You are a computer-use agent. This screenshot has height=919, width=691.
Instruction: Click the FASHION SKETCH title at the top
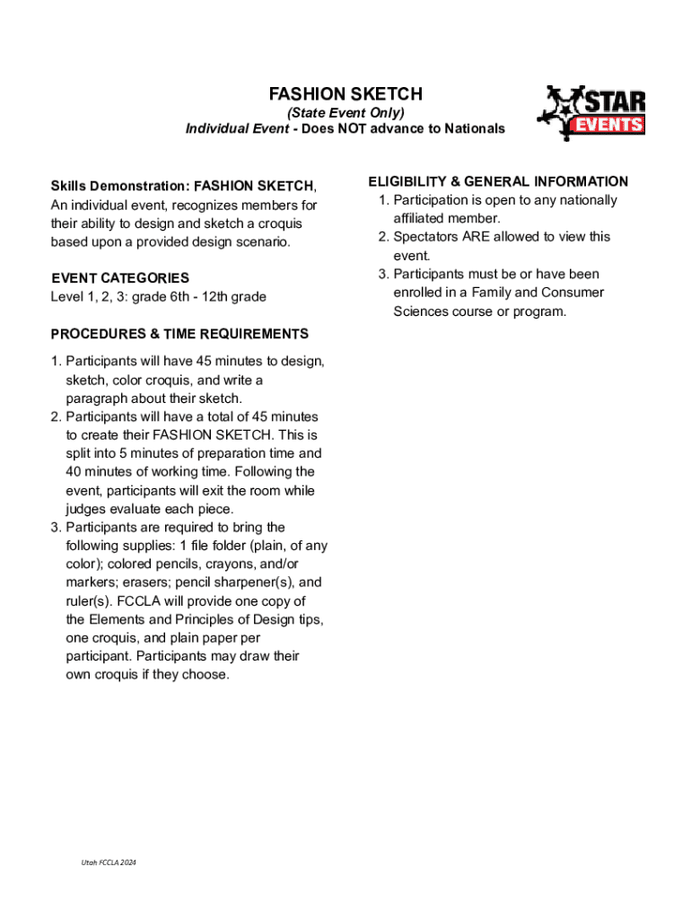pyautogui.click(x=345, y=94)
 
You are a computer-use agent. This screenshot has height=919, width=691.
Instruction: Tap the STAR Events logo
pyautogui.click(x=592, y=113)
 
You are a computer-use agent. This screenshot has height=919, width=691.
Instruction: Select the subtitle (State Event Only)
pyautogui.click(x=345, y=112)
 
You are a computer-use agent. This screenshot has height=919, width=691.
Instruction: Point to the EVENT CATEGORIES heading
pyautogui.click(x=119, y=278)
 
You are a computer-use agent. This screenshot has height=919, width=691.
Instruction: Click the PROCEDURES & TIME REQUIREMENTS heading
pyautogui.click(x=179, y=334)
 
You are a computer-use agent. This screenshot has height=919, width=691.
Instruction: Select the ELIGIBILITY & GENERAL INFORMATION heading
pyautogui.click(x=498, y=181)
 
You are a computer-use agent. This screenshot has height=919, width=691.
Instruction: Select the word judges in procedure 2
pyautogui.click(x=84, y=510)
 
